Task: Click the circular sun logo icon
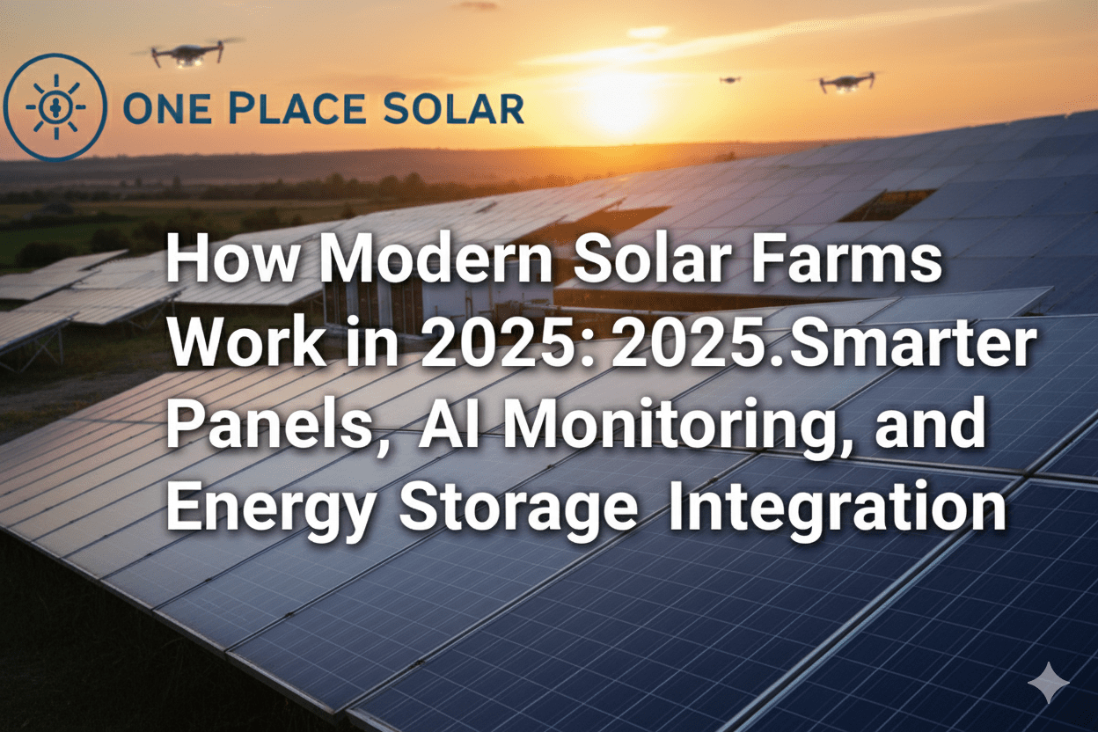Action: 55,107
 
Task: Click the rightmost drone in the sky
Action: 846,82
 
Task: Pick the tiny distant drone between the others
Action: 729,80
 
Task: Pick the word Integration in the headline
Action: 836,509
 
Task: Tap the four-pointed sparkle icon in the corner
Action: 1049,683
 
